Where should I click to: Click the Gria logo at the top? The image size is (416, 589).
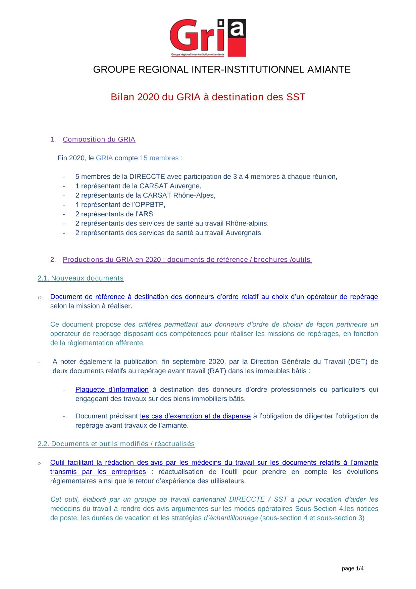point(208,38)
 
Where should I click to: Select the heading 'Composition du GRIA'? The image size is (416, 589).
point(99,139)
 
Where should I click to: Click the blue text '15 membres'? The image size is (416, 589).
point(159,158)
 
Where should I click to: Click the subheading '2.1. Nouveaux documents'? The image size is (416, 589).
point(81,278)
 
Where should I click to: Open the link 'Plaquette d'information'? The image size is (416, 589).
point(112,389)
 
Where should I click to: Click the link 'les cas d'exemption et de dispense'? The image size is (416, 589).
point(195,416)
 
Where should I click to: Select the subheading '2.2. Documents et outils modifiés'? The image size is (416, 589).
point(116,444)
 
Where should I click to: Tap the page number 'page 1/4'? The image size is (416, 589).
point(353,569)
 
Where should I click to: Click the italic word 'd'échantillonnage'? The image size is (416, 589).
point(231,518)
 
